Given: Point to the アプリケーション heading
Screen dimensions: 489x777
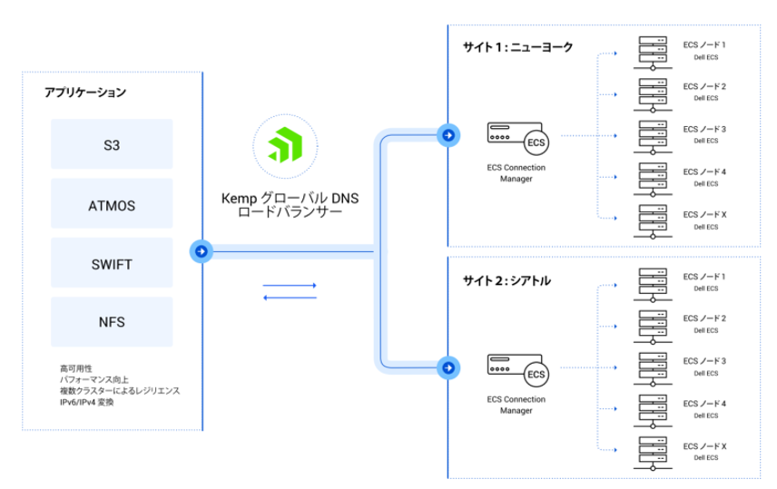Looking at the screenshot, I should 85,93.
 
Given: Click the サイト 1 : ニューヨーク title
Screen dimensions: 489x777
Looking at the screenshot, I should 517,47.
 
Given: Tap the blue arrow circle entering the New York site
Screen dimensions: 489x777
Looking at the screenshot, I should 448,135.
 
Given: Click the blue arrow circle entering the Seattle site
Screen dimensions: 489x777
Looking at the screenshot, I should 448,367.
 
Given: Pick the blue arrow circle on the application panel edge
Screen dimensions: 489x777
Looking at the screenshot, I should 201,251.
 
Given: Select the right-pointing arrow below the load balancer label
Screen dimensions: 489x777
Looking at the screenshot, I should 290,285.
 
